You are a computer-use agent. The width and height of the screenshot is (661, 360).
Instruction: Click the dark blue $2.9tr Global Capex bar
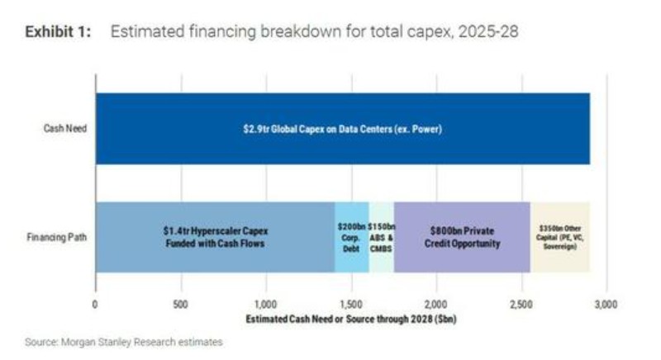[x=343, y=129]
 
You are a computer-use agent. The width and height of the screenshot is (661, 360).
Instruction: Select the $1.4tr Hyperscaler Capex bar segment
[x=216, y=237]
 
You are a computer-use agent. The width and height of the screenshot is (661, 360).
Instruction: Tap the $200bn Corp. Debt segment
[x=352, y=237]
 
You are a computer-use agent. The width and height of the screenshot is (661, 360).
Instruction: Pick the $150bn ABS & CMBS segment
[x=382, y=237]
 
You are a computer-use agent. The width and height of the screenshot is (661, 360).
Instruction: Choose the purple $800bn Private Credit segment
[x=462, y=237]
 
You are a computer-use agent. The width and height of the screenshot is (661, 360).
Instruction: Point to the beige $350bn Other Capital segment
[x=560, y=237]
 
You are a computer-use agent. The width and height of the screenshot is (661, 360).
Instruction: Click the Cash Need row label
[x=65, y=129]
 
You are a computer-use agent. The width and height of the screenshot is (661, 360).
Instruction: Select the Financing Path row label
[x=57, y=237]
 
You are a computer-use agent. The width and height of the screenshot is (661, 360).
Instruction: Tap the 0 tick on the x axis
[x=95, y=304]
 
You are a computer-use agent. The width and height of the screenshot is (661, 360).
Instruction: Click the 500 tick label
[x=180, y=304]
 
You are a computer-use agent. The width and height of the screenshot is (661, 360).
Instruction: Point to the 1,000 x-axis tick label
[x=265, y=304]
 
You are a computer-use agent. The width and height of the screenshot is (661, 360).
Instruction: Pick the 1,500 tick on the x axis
[x=350, y=304]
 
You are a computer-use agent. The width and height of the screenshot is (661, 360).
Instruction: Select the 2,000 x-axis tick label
[x=436, y=304]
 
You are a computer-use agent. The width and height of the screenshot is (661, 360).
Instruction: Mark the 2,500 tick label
[x=521, y=304]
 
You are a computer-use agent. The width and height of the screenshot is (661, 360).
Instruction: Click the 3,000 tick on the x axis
[x=606, y=304]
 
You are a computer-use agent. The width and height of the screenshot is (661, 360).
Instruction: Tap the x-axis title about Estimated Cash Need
[x=351, y=320]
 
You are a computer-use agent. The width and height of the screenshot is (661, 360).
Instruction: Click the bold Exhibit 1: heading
[x=58, y=32]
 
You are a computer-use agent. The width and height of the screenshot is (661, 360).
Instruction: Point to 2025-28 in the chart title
[x=488, y=32]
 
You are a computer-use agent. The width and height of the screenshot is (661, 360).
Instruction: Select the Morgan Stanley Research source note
[x=123, y=342]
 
